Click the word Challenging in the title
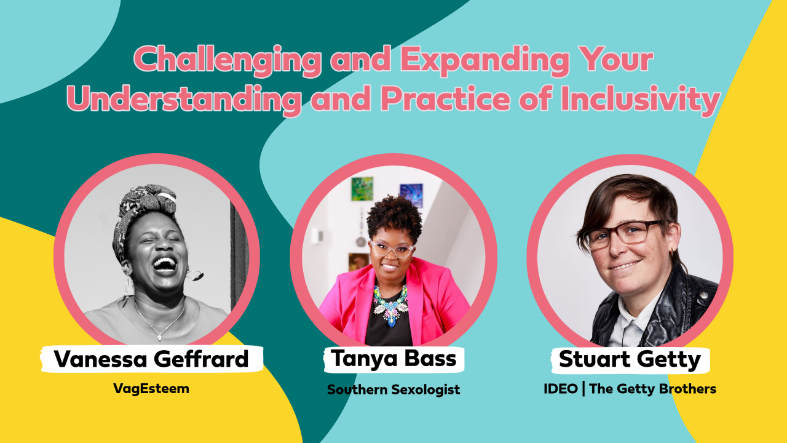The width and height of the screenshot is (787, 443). point(227,60)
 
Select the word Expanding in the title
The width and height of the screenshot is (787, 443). point(484,60)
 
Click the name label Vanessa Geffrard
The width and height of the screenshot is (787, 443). point(152,359)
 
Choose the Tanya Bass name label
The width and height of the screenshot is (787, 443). point(394,359)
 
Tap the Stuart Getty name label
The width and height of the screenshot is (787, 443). point(630,360)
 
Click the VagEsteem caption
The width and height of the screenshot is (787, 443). point(151,388)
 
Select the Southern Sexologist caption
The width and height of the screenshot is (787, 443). point(393,389)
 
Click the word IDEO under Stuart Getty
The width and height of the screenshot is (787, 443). point(561,389)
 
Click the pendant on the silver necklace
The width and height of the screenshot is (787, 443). point(160,338)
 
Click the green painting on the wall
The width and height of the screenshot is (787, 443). point(362,189)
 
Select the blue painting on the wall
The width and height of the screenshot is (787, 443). point(411,195)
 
